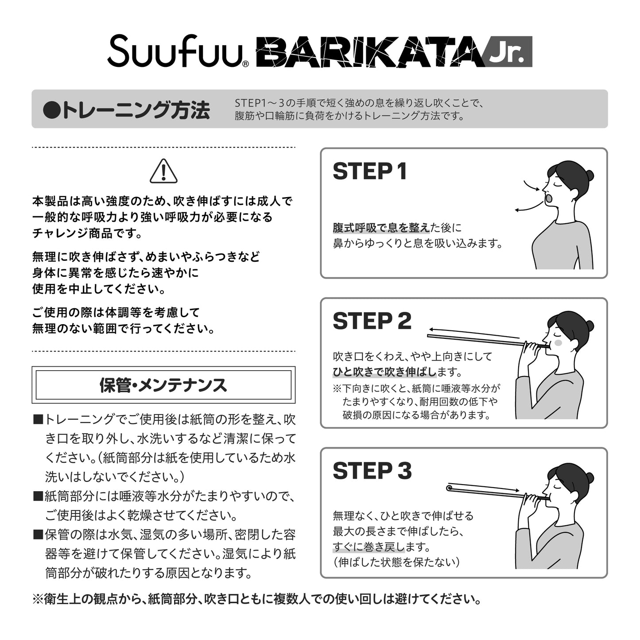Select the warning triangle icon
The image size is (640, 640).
tap(163, 171)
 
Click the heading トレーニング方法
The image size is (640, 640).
tap(127, 110)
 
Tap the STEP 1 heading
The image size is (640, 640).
tap(370, 171)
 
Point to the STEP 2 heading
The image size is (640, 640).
tap(372, 321)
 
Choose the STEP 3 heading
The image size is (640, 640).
tap(372, 471)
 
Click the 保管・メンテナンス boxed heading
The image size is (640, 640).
tap(163, 385)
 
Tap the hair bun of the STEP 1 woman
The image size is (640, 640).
tap(589, 175)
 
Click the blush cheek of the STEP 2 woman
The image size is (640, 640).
tap(558, 342)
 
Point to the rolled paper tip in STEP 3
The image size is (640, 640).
tap(449, 488)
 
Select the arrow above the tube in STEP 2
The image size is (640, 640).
tap(474, 333)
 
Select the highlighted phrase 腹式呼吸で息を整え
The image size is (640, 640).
tap(381, 228)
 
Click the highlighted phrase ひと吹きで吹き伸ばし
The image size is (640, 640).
tap(384, 372)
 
